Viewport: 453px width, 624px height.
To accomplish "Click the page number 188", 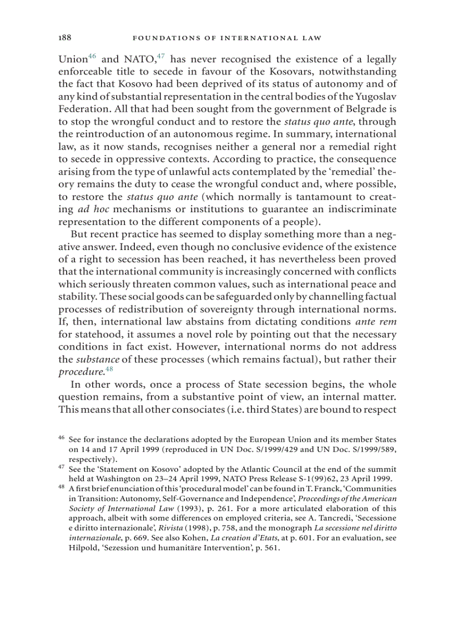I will point(64,38).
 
